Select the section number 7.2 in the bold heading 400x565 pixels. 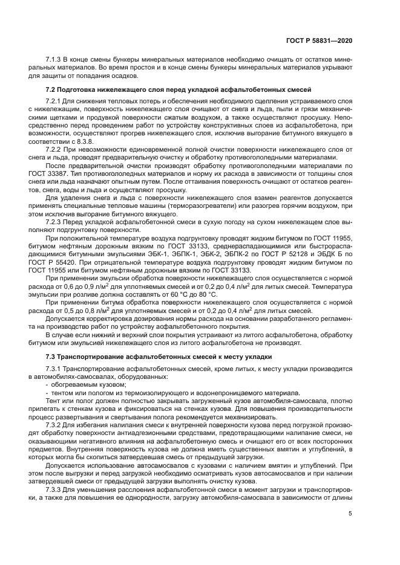coord(51,89)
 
